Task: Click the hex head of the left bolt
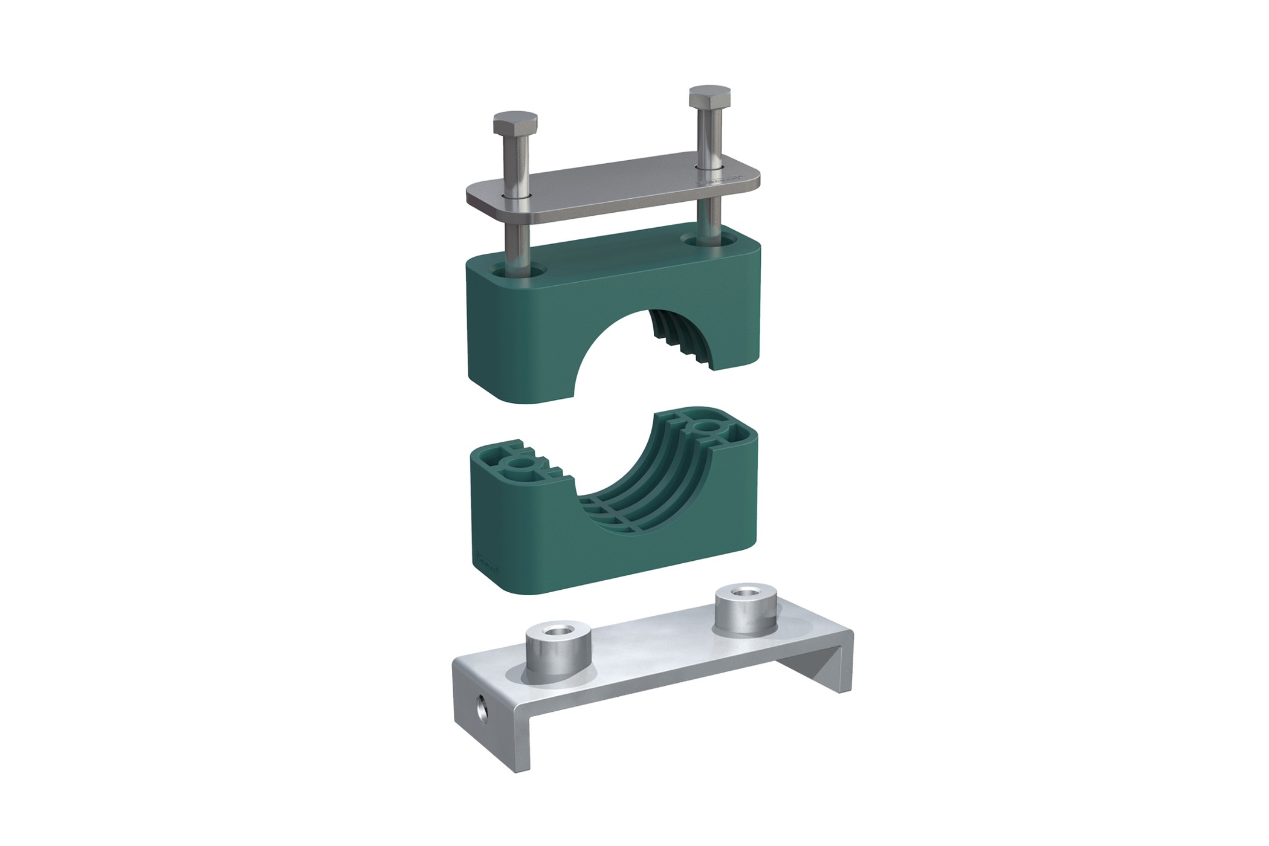[515, 123]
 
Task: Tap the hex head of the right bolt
[711, 98]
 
